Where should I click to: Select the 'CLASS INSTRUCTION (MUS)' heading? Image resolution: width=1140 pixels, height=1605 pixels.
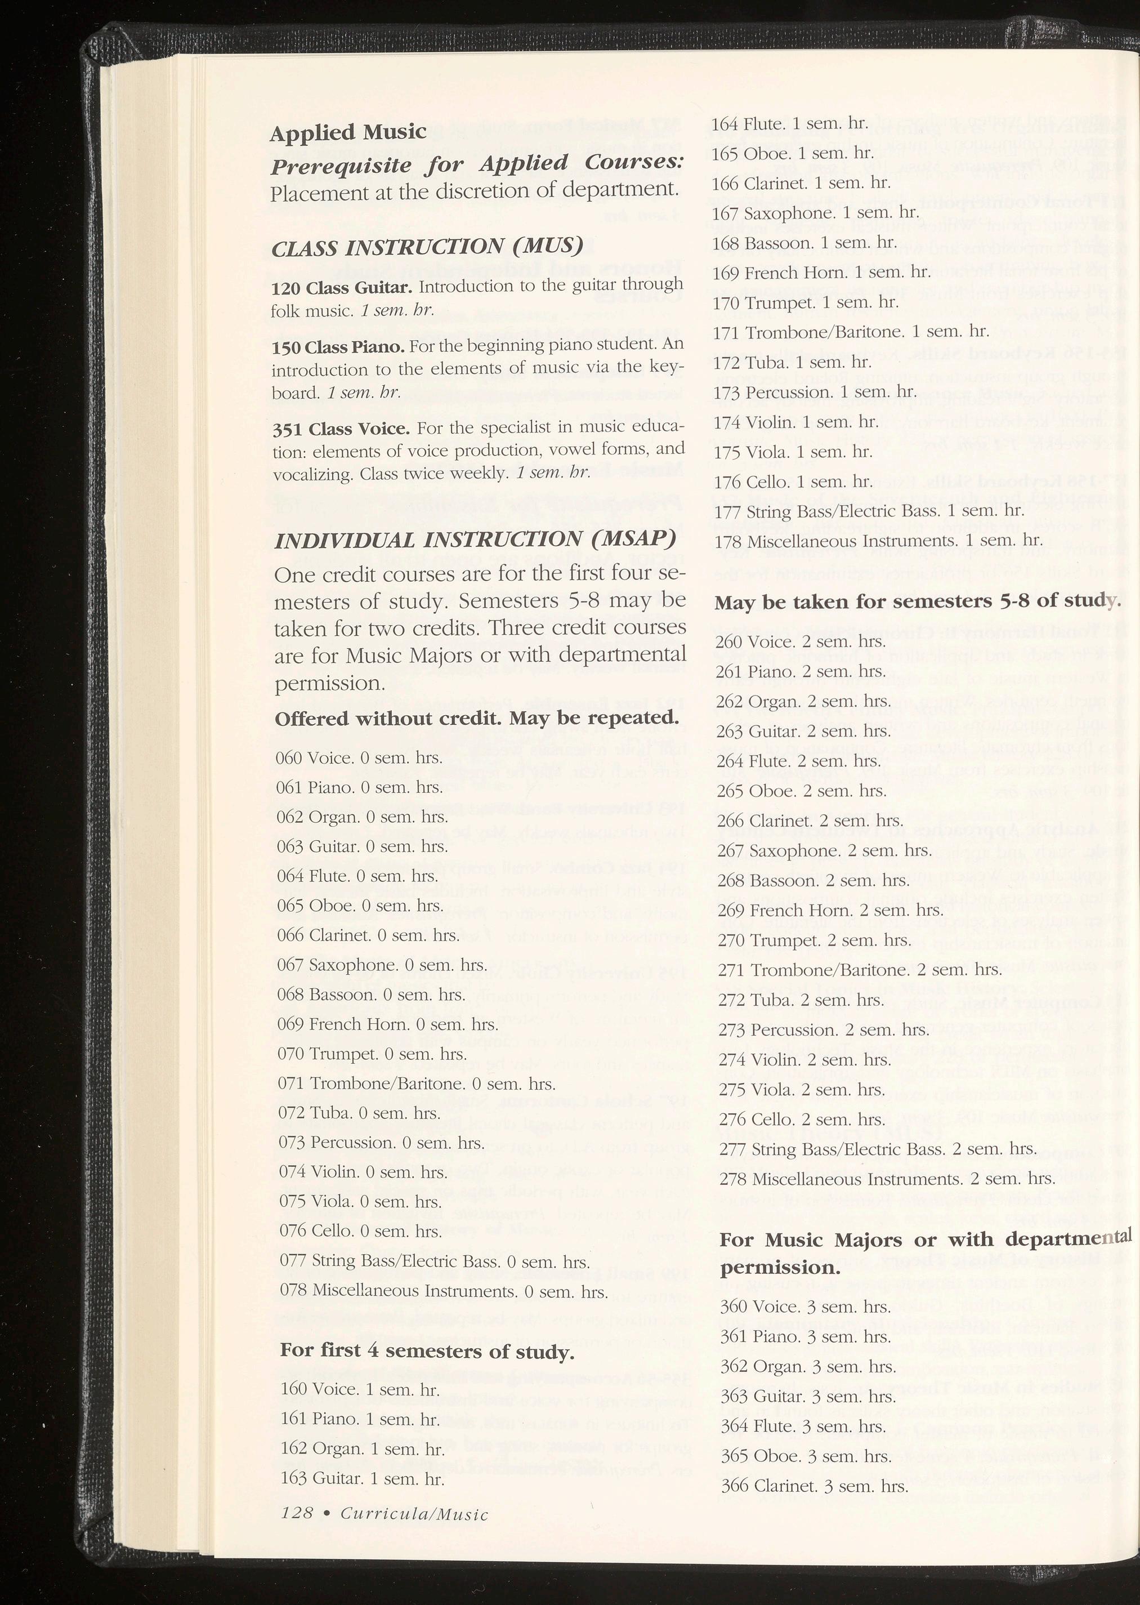pos(427,247)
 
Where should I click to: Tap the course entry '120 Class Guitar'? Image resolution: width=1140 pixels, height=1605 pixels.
pos(341,288)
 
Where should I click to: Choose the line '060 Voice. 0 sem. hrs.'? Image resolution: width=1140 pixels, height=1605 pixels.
pos(359,757)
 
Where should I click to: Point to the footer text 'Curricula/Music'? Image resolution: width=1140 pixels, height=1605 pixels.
pos(414,1513)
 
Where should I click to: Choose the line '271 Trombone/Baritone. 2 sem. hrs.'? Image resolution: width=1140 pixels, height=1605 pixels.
pos(859,970)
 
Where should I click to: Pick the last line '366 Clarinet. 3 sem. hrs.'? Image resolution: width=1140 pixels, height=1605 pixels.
pos(813,1486)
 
